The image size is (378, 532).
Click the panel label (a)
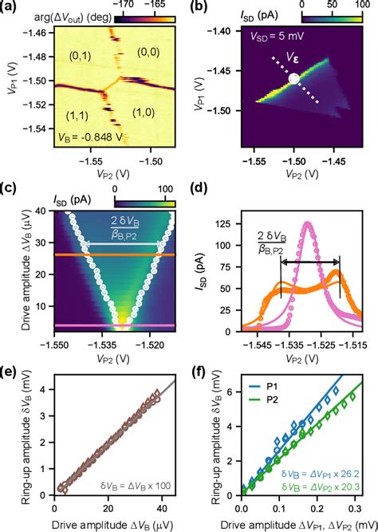point(10,9)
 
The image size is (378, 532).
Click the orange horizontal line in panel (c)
point(112,255)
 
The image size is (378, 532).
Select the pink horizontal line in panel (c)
point(112,326)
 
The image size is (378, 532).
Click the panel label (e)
point(10,371)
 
